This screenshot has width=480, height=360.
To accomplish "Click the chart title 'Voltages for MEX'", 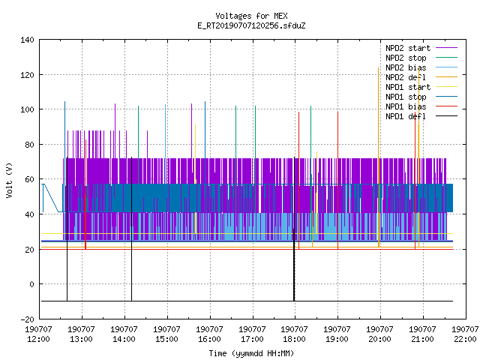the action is [251, 16].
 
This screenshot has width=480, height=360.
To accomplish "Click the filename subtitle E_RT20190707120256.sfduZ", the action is [251, 25].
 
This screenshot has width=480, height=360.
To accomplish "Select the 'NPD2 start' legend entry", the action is [421, 48].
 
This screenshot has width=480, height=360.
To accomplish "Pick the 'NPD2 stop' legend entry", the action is [421, 58].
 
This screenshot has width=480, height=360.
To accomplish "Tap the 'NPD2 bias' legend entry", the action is [421, 67].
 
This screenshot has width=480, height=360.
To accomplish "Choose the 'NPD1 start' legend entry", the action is [421, 87].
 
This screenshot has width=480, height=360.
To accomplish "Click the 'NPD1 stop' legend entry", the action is [421, 97].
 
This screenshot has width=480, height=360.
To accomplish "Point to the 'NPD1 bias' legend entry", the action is [421, 106].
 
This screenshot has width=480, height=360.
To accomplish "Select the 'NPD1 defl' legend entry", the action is [421, 116].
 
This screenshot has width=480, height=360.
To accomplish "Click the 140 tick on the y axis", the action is [27, 40].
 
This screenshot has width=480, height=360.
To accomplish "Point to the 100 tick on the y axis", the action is [27, 109].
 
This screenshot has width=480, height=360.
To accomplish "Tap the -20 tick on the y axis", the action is [27, 319].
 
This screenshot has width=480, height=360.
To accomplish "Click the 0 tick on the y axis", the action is [31, 284].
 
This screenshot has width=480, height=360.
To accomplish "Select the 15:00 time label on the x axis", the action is [166, 339].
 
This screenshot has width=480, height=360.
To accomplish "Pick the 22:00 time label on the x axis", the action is [465, 339].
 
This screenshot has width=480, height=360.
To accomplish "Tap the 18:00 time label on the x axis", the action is [295, 339].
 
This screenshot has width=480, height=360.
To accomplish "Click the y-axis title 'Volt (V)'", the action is [9, 180].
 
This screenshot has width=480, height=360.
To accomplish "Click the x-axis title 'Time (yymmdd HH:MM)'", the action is [251, 353].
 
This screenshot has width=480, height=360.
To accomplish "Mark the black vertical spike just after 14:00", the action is [132, 229].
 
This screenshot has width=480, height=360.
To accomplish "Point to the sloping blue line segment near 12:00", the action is [52, 198].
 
